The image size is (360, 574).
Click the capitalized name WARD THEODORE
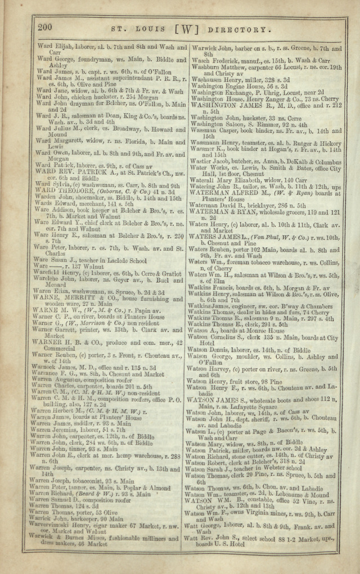(64, 191)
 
